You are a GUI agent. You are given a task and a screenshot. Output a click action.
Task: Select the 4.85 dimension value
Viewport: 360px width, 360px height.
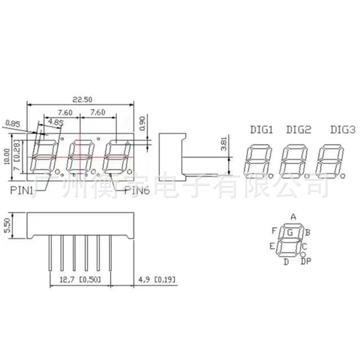tap(56, 122)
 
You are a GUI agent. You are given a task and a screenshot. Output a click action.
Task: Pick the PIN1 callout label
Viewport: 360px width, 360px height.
tap(21, 190)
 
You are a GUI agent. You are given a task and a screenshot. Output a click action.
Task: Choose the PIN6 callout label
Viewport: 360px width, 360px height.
tap(137, 190)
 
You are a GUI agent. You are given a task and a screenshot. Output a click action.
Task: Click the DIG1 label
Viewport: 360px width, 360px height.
tap(261, 130)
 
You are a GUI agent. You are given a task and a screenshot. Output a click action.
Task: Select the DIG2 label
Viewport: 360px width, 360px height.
tap(299, 130)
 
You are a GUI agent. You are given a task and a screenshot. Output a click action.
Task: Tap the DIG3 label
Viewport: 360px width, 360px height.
tap(343, 130)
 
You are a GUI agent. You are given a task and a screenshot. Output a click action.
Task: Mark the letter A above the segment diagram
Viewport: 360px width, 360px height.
tap(293, 216)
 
